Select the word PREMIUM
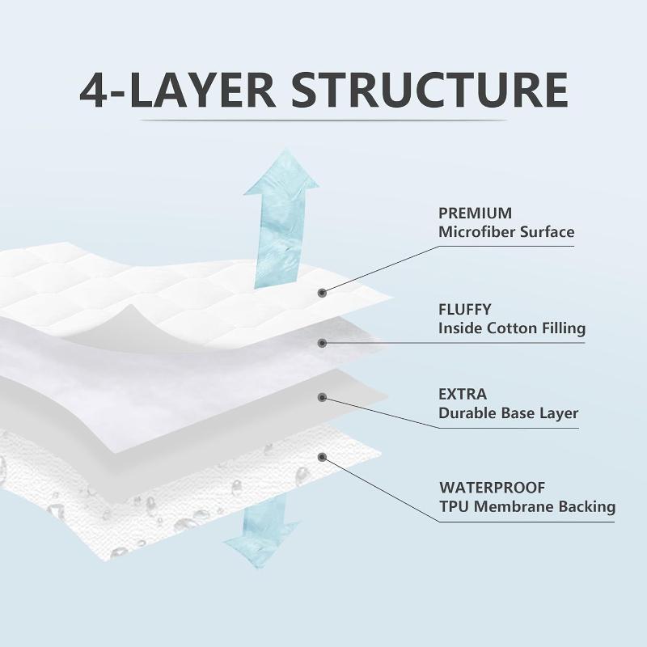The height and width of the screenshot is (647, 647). (475, 214)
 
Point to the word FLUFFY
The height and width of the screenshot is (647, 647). (465, 310)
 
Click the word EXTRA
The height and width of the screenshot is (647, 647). (463, 395)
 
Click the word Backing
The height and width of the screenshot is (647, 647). (587, 508)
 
